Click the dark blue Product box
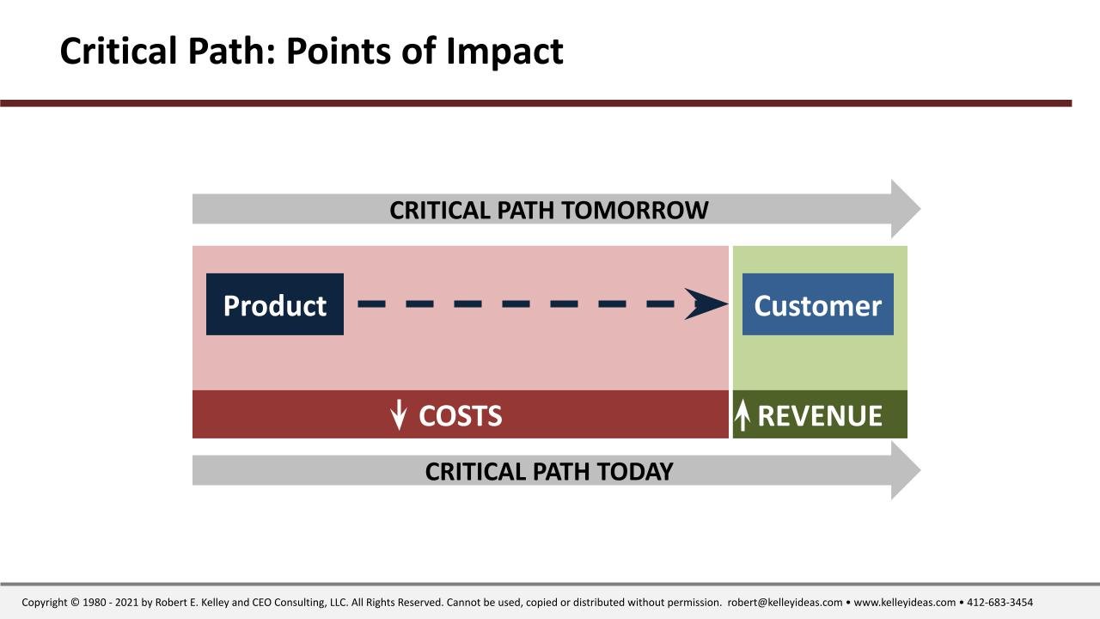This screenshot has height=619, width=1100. pos(275,304)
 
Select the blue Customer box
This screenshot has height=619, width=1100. pos(817,304)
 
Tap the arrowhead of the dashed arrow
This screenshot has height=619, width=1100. pos(706,304)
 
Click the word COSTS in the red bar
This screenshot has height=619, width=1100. pos(460,415)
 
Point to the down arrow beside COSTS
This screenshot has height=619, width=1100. pos(399,414)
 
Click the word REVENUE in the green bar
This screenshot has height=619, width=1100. pos(820,415)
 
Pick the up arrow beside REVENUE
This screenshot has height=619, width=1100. pos(742,414)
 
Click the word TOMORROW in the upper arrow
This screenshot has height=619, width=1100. pos(634,211)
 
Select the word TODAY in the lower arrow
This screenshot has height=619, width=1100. pos(635,472)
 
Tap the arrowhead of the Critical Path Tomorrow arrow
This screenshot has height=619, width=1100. pos(906,209)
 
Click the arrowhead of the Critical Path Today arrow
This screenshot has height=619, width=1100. pos(906,470)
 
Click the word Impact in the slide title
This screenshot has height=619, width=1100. pos(504,52)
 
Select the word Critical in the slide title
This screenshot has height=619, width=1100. pos(118,51)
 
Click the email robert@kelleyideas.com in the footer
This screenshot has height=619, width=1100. pos(785,603)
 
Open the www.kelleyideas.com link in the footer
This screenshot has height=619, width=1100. pos(905,603)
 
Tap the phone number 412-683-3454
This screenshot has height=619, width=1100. pos(999,603)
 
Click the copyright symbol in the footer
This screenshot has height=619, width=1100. pos(75,603)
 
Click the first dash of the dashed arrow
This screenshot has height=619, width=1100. pos(372,304)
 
